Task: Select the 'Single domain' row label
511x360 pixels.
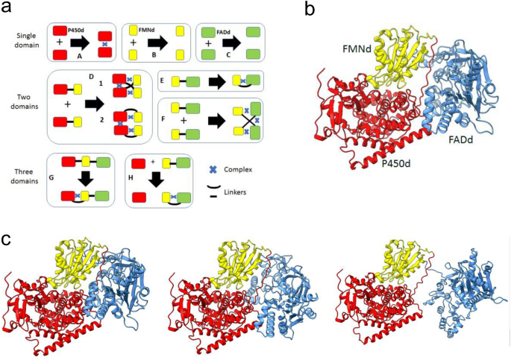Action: (x=24, y=37)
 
